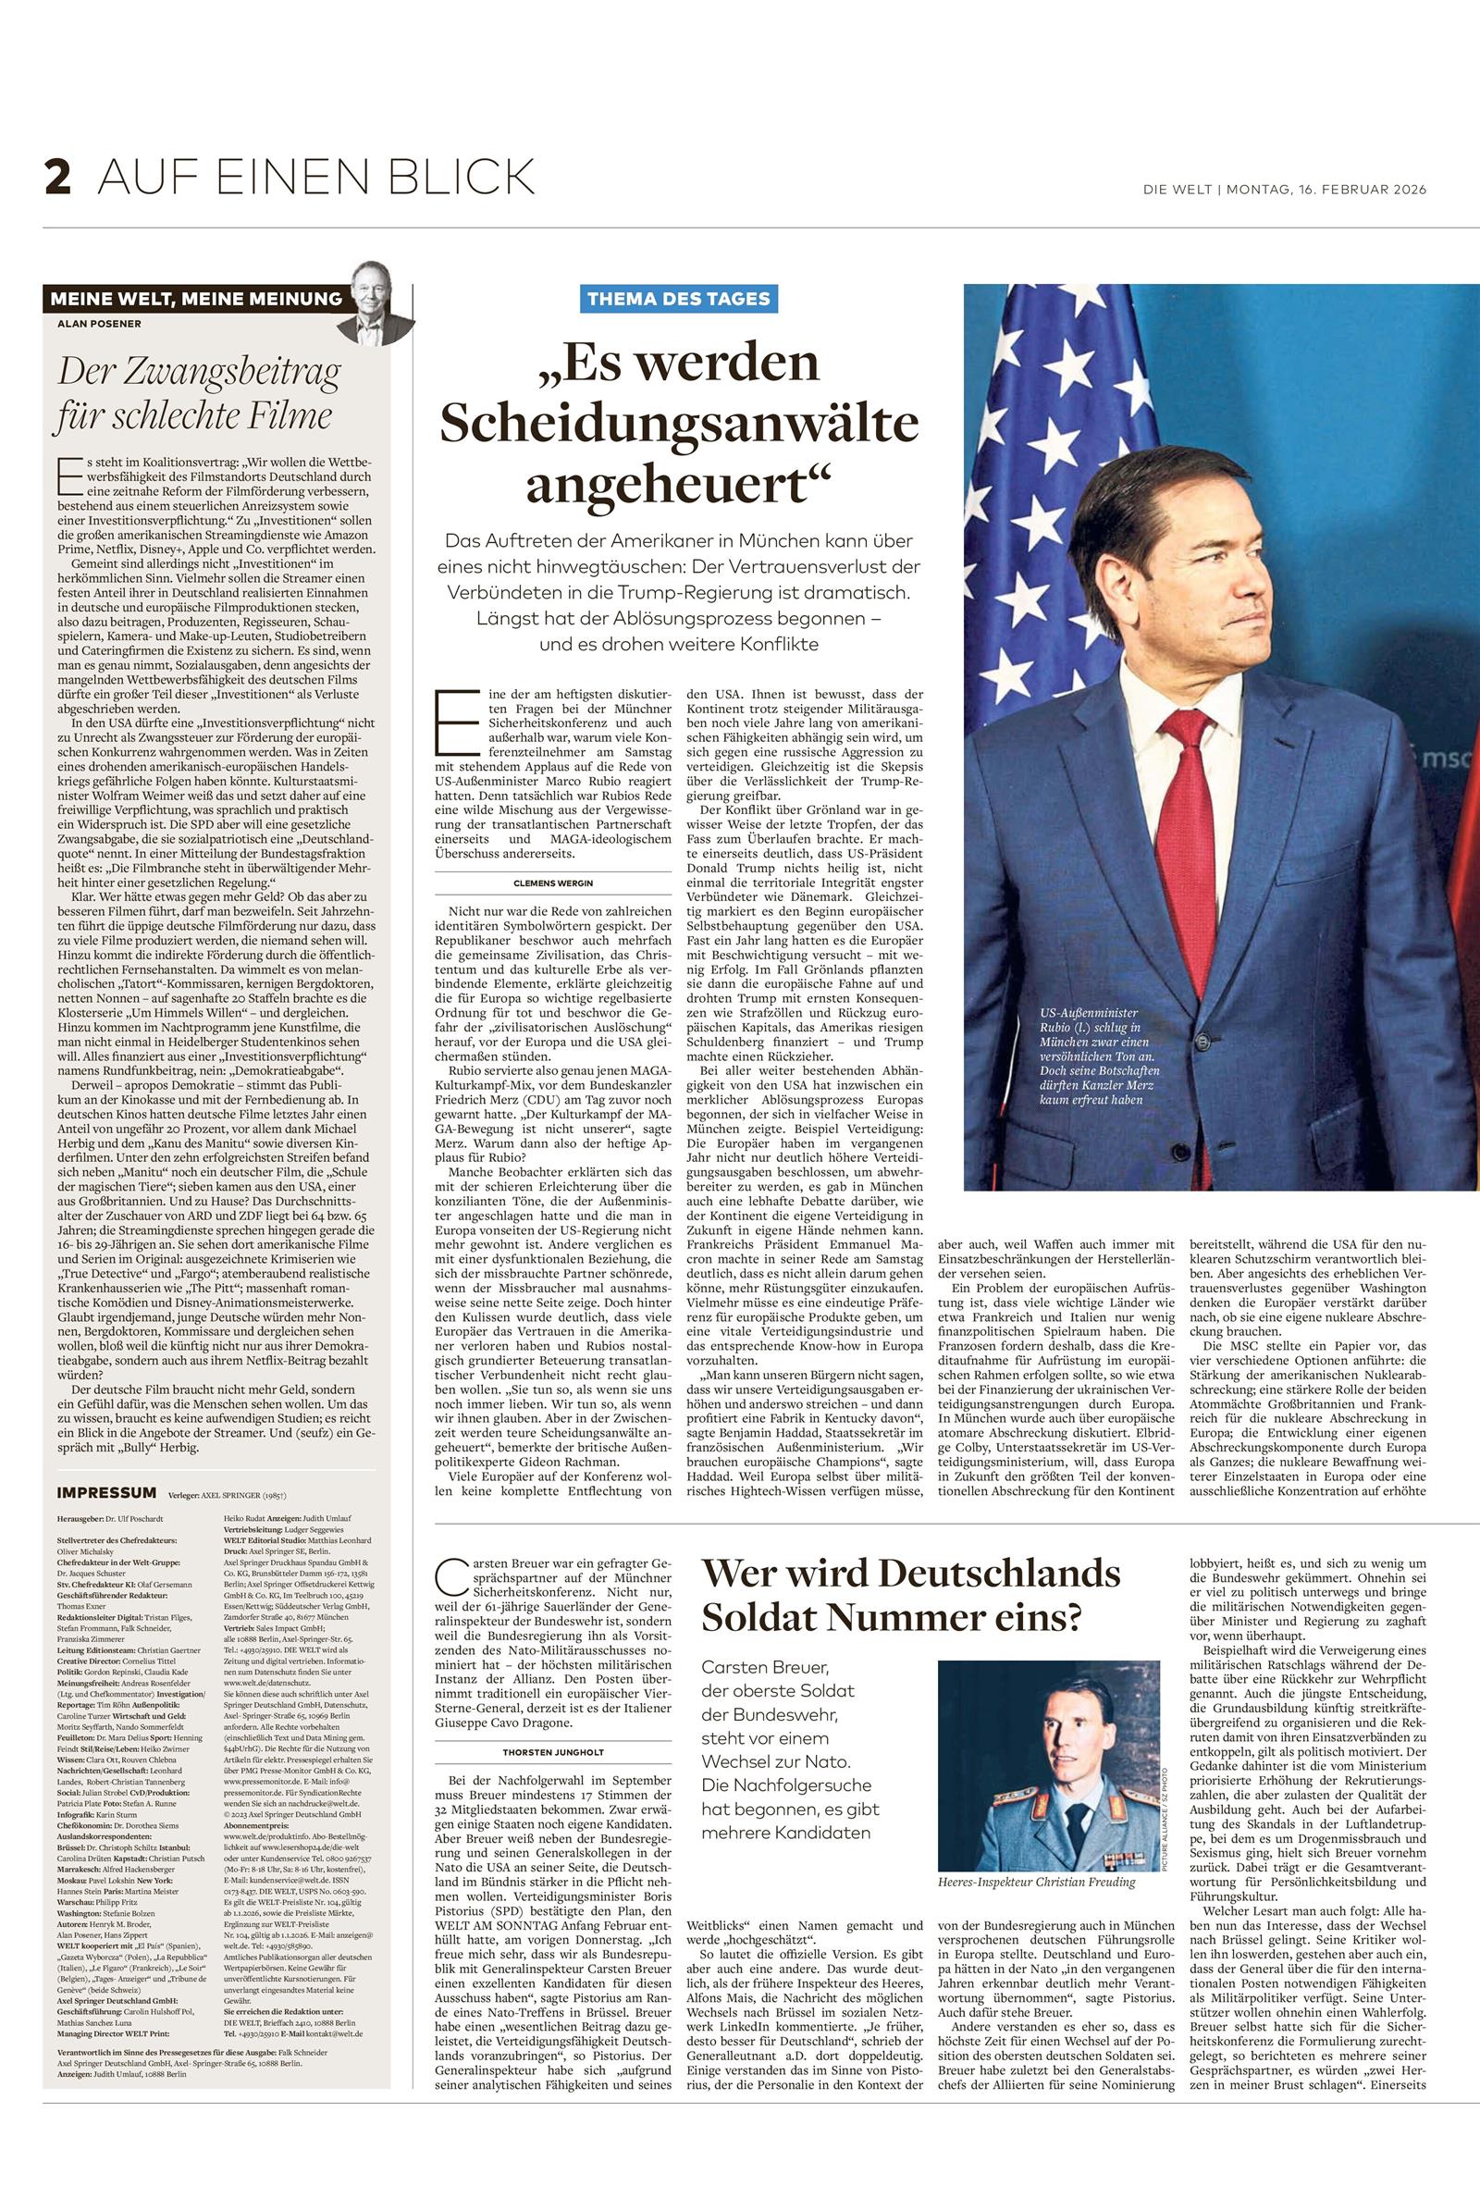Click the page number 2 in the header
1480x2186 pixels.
[x=57, y=178]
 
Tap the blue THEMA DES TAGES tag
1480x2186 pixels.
[x=678, y=299]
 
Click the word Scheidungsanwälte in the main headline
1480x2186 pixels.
[x=679, y=424]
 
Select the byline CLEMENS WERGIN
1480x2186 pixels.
[x=553, y=883]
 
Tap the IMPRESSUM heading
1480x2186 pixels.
[x=106, y=1493]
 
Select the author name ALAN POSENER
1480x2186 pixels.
[x=98, y=325]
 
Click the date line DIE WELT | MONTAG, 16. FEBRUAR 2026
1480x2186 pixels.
[x=1285, y=190]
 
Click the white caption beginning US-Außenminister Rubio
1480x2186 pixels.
[x=1098, y=1056]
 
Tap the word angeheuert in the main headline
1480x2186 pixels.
[x=679, y=485]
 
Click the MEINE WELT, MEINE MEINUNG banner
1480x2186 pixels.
[x=196, y=299]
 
